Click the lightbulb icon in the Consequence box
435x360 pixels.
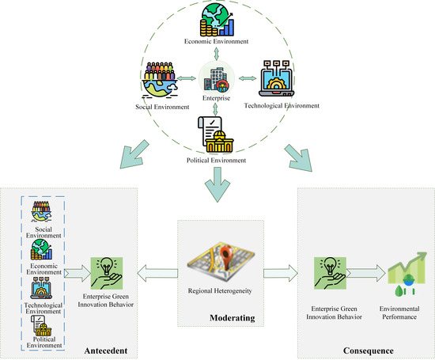click(327, 270)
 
